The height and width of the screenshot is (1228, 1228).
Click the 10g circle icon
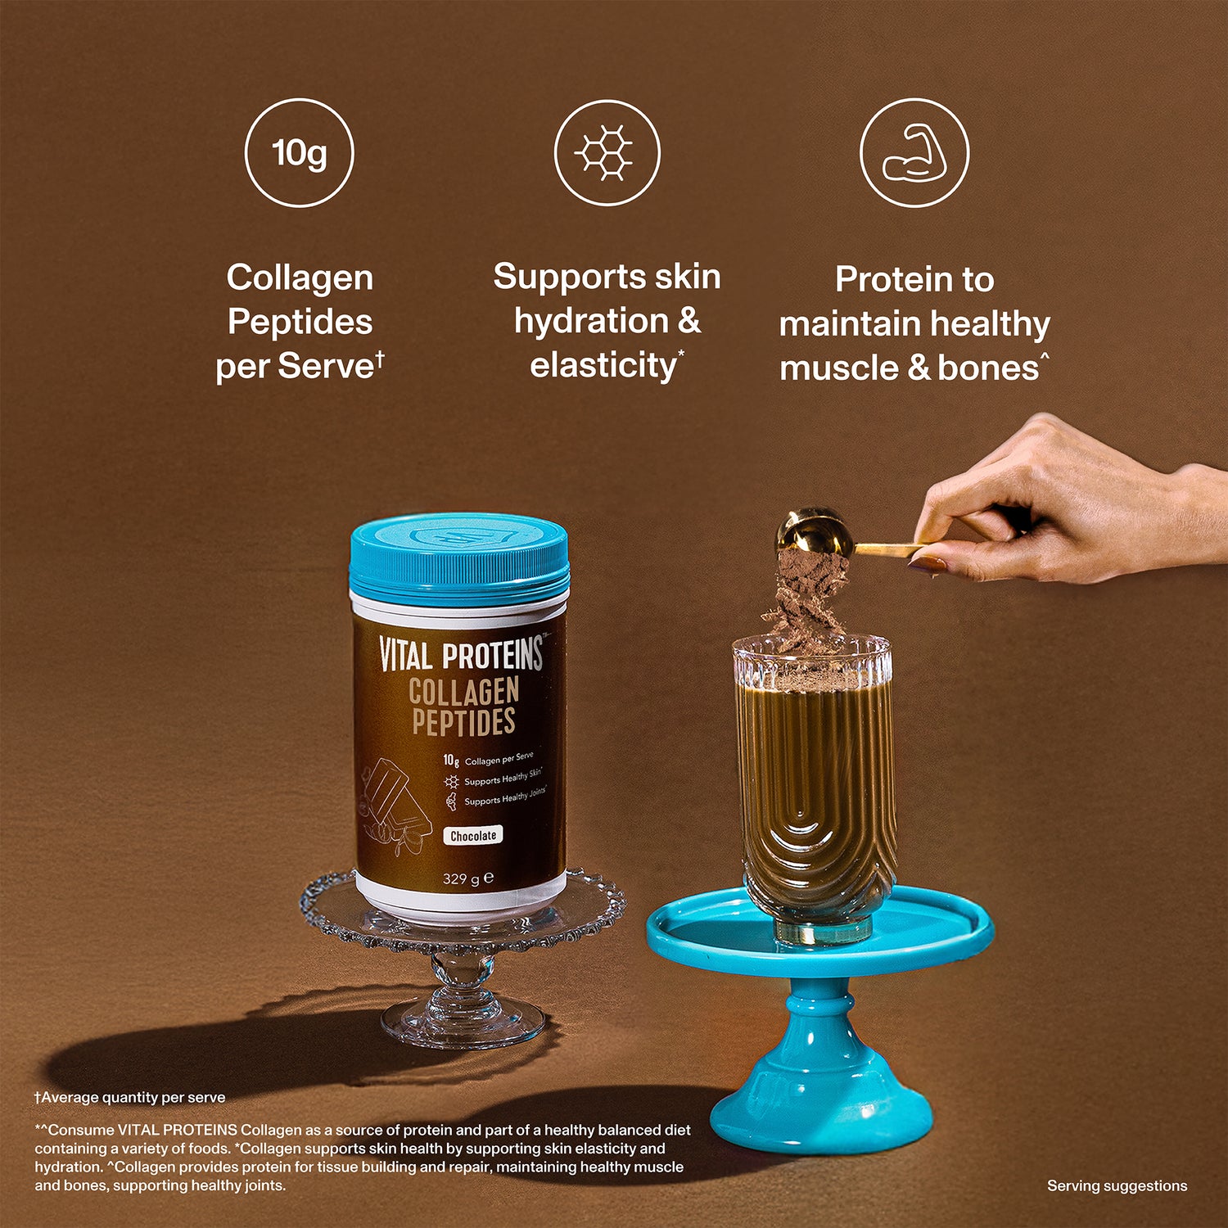point(300,152)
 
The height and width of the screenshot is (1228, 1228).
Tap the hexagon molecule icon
point(607,152)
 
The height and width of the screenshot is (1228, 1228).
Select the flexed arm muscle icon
point(914,152)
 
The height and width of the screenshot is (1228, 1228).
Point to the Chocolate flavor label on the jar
point(473,836)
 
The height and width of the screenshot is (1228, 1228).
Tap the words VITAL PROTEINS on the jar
point(462,655)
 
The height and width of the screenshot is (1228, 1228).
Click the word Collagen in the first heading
point(300,278)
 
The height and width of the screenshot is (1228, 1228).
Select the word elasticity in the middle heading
point(603,365)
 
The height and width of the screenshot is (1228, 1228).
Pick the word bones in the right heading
point(988,368)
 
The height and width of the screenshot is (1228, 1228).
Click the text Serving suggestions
point(1117,1185)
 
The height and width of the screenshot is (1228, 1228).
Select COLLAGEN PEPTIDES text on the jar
point(463,707)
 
